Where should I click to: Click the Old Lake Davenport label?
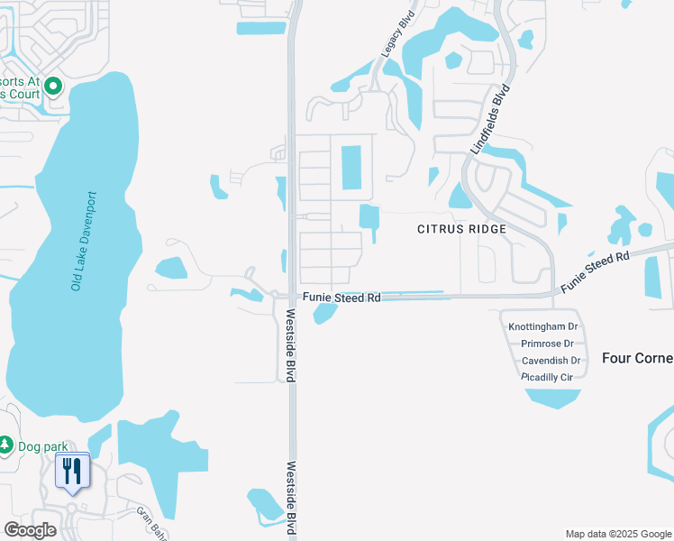tap(86, 242)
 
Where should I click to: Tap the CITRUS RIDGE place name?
tap(461, 229)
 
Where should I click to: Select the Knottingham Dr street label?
tap(542, 326)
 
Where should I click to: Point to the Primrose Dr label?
tap(547, 344)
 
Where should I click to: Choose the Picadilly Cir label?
tap(547, 377)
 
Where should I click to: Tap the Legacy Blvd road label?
tap(390, 41)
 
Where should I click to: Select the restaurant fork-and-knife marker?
tap(73, 472)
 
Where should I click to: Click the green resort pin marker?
tap(53, 87)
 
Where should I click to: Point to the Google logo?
tap(30, 529)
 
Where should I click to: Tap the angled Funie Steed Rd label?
tap(595, 271)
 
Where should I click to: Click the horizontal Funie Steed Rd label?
tap(342, 296)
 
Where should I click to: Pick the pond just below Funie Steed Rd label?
tap(324, 313)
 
